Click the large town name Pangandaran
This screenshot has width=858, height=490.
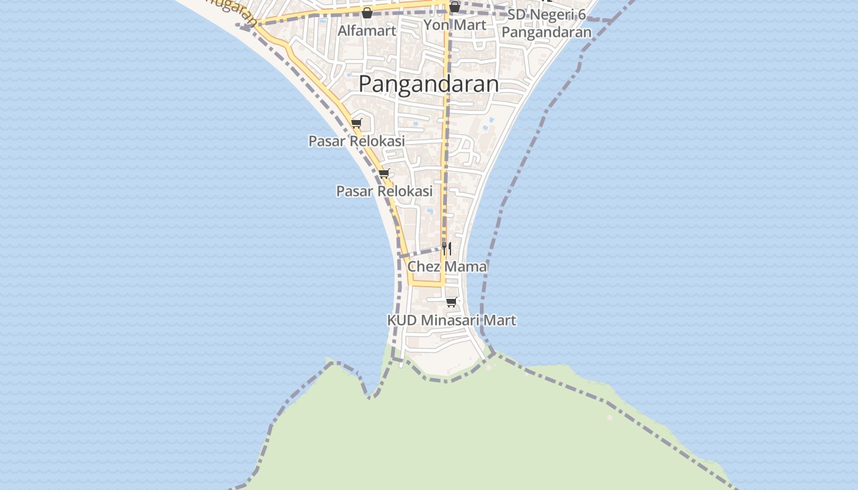428,84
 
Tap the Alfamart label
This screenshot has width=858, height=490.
367,30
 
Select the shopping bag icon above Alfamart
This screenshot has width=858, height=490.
367,12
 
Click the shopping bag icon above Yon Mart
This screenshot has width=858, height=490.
455,7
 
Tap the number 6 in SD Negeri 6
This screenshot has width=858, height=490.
582,15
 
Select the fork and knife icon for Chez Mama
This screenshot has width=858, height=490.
447,248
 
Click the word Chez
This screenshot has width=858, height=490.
423,266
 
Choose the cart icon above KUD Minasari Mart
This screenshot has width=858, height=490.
452,302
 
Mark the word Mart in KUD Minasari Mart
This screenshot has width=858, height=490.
500,320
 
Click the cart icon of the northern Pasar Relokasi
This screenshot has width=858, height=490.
357,123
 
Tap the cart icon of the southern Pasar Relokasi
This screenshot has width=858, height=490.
384,173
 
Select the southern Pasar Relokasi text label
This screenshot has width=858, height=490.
384,191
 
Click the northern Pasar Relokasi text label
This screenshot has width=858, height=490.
357,141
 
